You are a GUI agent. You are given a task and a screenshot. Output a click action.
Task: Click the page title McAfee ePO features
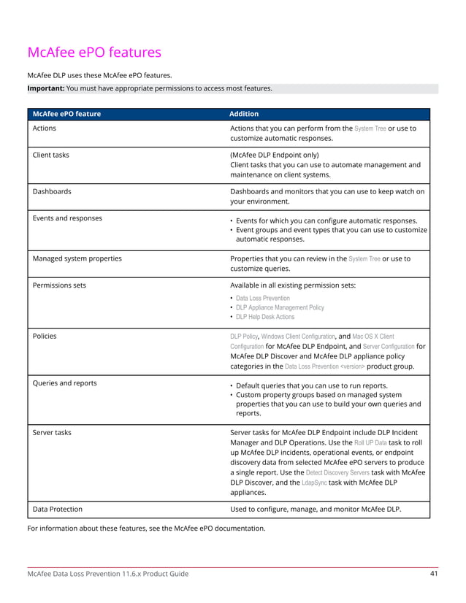[94, 53]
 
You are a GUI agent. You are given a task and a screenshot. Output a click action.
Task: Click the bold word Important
[45, 88]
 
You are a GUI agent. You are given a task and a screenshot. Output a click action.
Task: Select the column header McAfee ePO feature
[66, 114]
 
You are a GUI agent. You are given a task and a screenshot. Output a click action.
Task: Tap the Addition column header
[244, 114]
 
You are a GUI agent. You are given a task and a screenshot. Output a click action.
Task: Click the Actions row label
[45, 128]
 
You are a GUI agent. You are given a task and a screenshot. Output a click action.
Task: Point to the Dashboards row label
[52, 191]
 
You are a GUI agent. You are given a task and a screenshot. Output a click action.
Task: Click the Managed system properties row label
[77, 258]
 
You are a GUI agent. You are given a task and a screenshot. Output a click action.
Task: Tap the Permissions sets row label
[59, 285]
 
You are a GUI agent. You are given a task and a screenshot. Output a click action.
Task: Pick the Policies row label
[45, 337]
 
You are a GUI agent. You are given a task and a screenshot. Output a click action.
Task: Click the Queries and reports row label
[65, 383]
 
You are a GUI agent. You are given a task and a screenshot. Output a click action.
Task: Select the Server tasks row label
[52, 433]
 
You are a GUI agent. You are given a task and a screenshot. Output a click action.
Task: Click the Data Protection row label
[58, 509]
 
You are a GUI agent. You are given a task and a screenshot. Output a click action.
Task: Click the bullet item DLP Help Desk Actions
[265, 317]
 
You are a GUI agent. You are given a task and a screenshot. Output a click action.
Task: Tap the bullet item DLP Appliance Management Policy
[280, 307]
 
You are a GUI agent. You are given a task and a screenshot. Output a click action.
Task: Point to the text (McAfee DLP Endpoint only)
[275, 155]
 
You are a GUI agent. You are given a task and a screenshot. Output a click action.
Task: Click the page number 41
[433, 574]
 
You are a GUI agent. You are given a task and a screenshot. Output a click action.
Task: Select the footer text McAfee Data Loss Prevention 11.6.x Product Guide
[107, 574]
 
